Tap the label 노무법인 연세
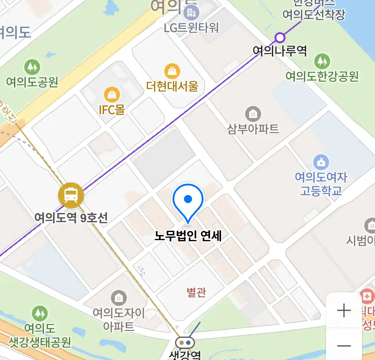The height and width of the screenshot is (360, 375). tap(188, 236)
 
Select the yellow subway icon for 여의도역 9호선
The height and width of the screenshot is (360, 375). tap(71, 195)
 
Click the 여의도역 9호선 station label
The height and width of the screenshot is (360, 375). tap(71, 218)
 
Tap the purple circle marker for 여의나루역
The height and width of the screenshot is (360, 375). tap(280, 38)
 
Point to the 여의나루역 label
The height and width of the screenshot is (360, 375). tap(279, 51)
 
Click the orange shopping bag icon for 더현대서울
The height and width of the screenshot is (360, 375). tap(172, 71)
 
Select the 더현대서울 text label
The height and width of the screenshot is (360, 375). tap(172, 86)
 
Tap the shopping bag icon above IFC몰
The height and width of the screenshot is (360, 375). tap(112, 95)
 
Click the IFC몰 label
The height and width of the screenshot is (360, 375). tap(112, 110)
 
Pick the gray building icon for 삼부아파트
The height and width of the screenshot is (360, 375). tap(253, 114)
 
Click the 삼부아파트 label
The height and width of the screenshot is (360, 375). tap(253, 129)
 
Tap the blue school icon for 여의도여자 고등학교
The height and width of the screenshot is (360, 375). tap(321, 162)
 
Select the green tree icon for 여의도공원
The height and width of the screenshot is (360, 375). tap(32, 67)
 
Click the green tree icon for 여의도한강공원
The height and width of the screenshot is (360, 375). tap(322, 61)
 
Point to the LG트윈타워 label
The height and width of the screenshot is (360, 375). tap(191, 28)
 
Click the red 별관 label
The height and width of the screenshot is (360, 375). tap(196, 292)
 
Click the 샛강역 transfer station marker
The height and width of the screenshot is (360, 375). tap(185, 342)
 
